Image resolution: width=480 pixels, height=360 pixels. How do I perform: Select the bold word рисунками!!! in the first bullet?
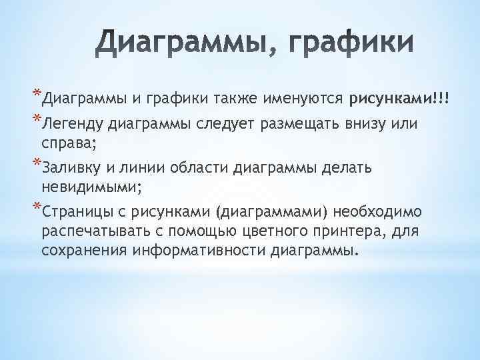[x=399, y=99]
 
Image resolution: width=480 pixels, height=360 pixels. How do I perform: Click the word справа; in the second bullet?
[x=69, y=143]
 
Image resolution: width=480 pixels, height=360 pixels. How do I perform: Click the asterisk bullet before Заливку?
[x=36, y=163]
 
